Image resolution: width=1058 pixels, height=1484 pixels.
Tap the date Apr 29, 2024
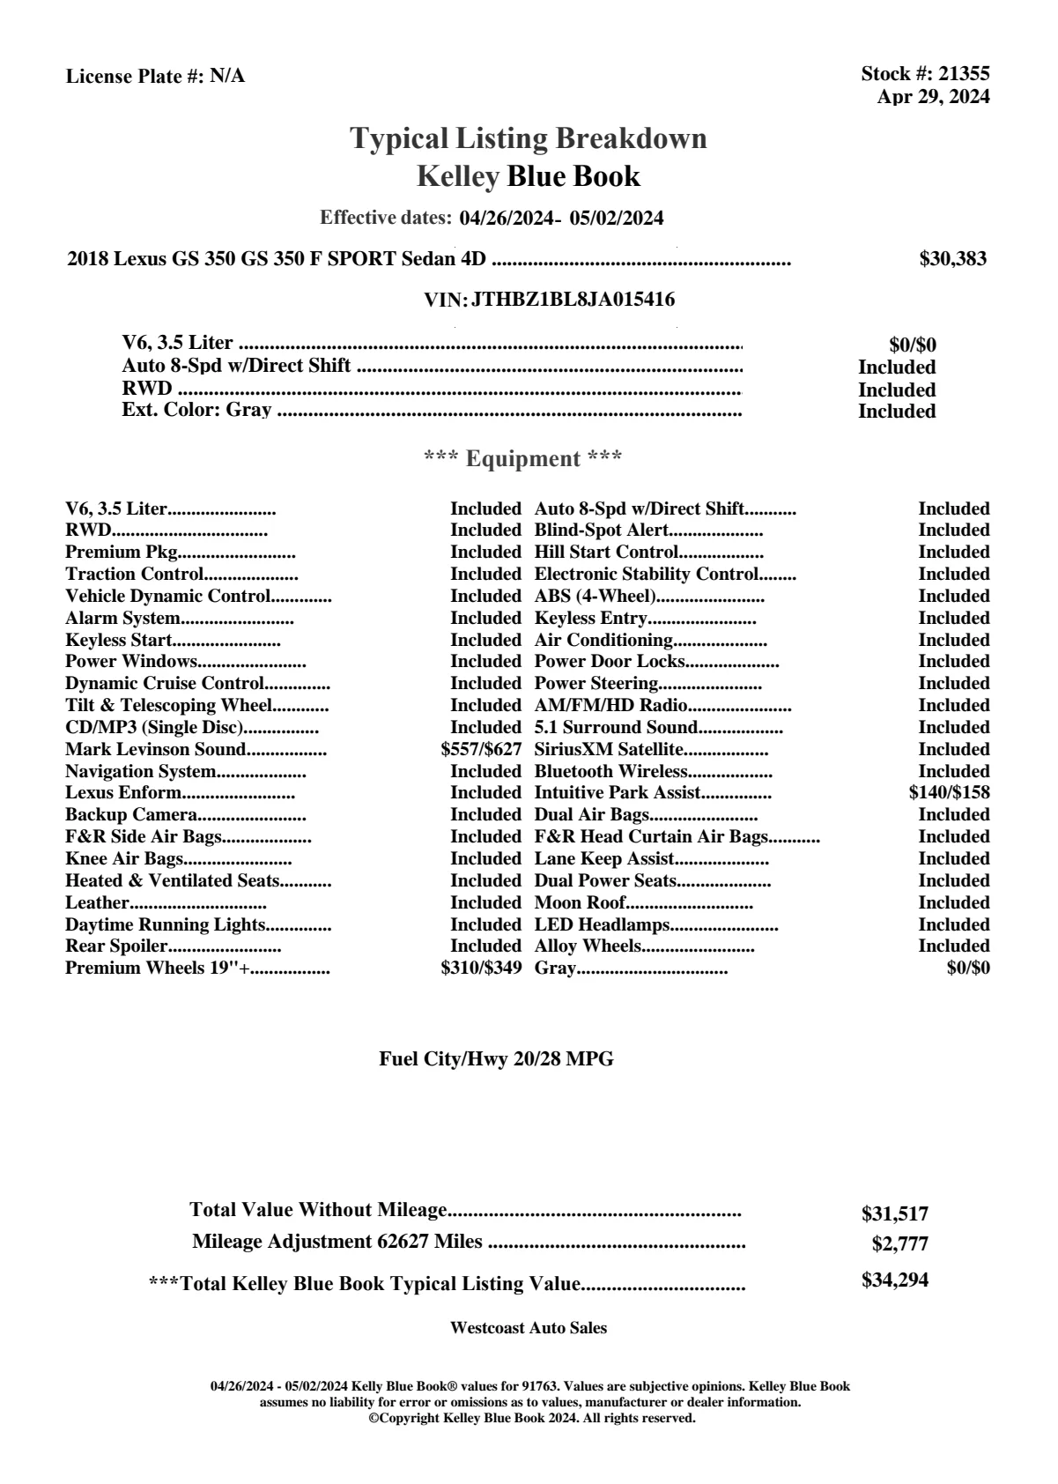point(933,97)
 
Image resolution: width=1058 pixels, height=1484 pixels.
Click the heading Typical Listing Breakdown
point(529,138)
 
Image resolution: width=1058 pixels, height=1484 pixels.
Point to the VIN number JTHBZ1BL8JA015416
point(573,300)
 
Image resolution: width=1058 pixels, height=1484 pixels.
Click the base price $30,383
point(953,259)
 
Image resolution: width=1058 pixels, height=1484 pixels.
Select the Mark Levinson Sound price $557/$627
point(481,750)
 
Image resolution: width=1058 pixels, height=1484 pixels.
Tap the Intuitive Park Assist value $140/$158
point(949,792)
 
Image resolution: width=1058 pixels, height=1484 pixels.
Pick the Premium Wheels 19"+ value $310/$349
point(481,968)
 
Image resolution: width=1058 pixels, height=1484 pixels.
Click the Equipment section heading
point(523,459)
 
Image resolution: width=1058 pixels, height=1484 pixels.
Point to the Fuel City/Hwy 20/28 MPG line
point(496,1059)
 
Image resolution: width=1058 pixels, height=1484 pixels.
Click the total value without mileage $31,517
point(895,1214)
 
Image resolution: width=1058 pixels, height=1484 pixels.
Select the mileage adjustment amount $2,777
point(900,1244)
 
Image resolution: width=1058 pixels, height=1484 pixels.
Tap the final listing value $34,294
point(895,1280)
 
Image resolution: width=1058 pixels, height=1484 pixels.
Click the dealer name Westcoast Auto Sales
point(529,1328)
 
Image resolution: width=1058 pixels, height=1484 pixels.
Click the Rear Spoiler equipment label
point(116,946)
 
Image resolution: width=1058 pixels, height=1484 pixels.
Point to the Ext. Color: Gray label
point(196,410)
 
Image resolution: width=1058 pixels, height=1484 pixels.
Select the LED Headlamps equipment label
point(603,924)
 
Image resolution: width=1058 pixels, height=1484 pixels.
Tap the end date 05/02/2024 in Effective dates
point(617,219)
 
